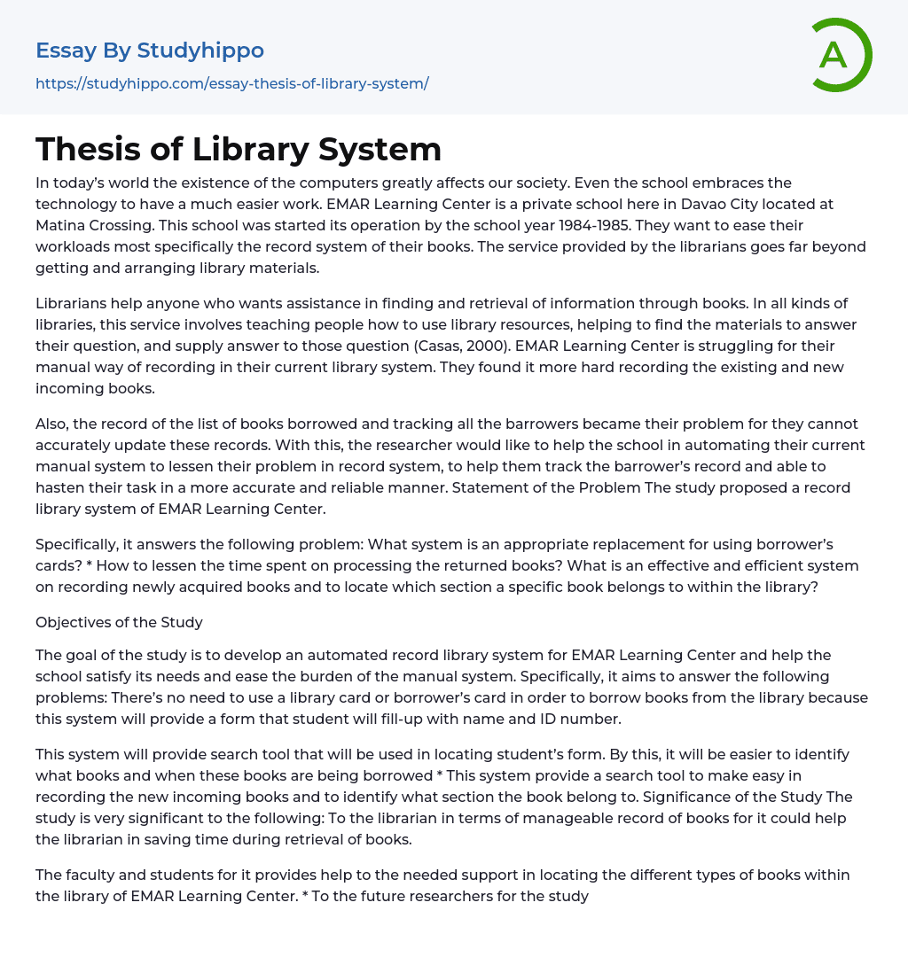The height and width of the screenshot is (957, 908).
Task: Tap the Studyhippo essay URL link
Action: point(231,83)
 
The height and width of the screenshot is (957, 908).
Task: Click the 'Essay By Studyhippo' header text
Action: point(150,51)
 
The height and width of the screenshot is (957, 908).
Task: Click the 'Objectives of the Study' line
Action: point(119,622)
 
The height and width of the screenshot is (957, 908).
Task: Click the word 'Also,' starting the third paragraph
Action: point(52,424)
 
